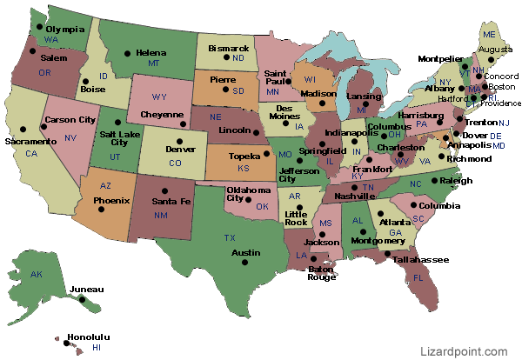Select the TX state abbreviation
click(230, 237)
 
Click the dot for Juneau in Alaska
click(83, 300)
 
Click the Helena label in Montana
click(151, 52)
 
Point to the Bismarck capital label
click(228, 48)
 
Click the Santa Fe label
click(171, 201)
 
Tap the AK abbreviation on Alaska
click(36, 274)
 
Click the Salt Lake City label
click(119, 140)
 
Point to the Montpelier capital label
click(439, 59)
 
